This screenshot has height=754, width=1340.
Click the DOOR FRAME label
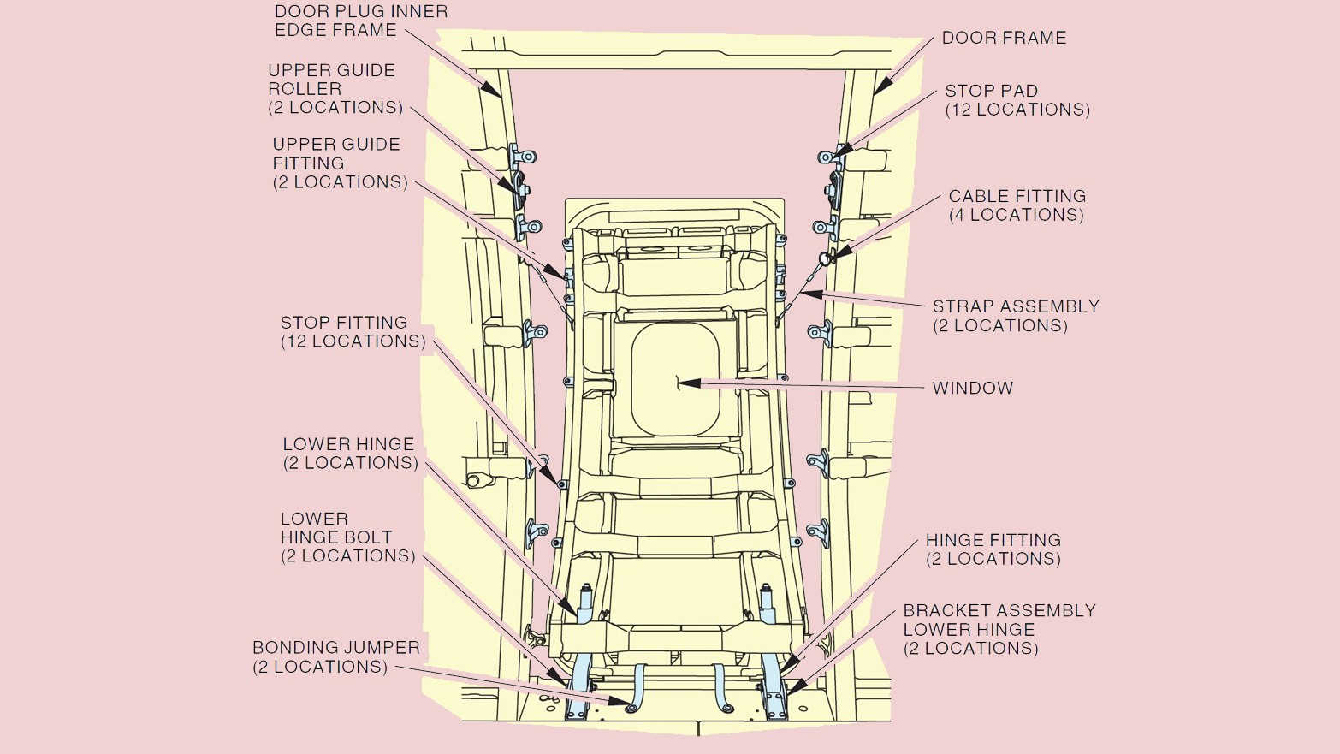1004,38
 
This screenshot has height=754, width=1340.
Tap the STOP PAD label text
1017,100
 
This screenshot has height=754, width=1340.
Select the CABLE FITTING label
1017,205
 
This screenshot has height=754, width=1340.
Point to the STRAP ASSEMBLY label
1015,316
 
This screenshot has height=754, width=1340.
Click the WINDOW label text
973,388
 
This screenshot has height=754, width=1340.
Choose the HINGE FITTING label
993,549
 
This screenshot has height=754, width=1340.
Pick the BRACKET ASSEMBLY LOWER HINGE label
999,629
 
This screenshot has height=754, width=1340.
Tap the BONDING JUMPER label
335,656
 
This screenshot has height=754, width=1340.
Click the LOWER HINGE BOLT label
347,537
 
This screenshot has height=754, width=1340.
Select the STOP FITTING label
353,331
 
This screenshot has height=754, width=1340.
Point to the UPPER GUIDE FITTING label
340,163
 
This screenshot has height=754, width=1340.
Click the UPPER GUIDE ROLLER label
335,88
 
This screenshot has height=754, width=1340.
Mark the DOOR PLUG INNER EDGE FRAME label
360,21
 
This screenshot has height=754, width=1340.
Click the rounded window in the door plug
674,378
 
